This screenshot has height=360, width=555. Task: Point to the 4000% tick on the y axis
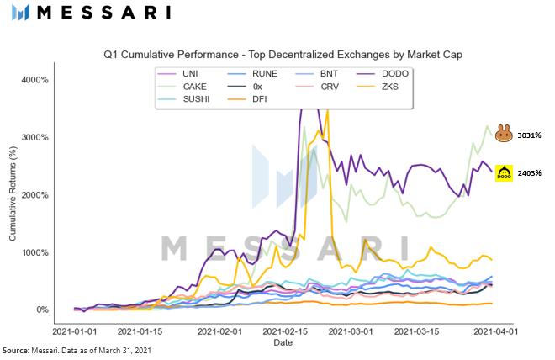point(34,80)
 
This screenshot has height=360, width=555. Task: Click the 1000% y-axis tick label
point(34,252)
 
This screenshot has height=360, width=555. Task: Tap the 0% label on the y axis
point(41,310)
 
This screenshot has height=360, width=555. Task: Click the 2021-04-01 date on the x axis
point(494,332)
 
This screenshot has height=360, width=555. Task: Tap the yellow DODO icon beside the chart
point(504,173)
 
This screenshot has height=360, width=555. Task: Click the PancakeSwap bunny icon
point(504,133)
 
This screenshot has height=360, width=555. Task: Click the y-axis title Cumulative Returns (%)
point(13,194)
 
